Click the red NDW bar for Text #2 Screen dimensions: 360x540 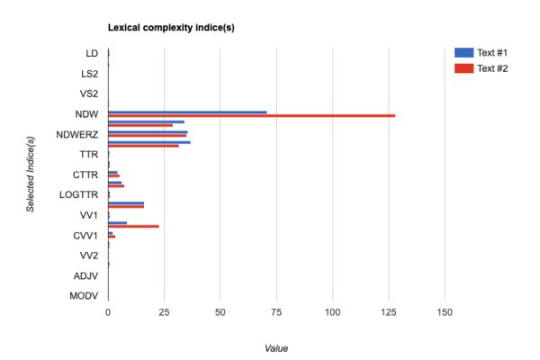[251, 115]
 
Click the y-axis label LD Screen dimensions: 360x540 [92, 53]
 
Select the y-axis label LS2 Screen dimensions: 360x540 [89, 74]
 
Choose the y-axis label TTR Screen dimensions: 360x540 [89, 154]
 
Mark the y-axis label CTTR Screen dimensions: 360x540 [85, 175]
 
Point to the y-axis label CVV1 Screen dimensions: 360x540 [85, 235]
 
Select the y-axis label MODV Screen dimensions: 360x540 [85, 295]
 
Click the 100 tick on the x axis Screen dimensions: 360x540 [333, 312]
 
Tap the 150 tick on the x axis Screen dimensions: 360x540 [445, 312]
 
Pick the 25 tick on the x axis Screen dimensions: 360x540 [164, 312]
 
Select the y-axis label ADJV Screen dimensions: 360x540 [86, 275]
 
